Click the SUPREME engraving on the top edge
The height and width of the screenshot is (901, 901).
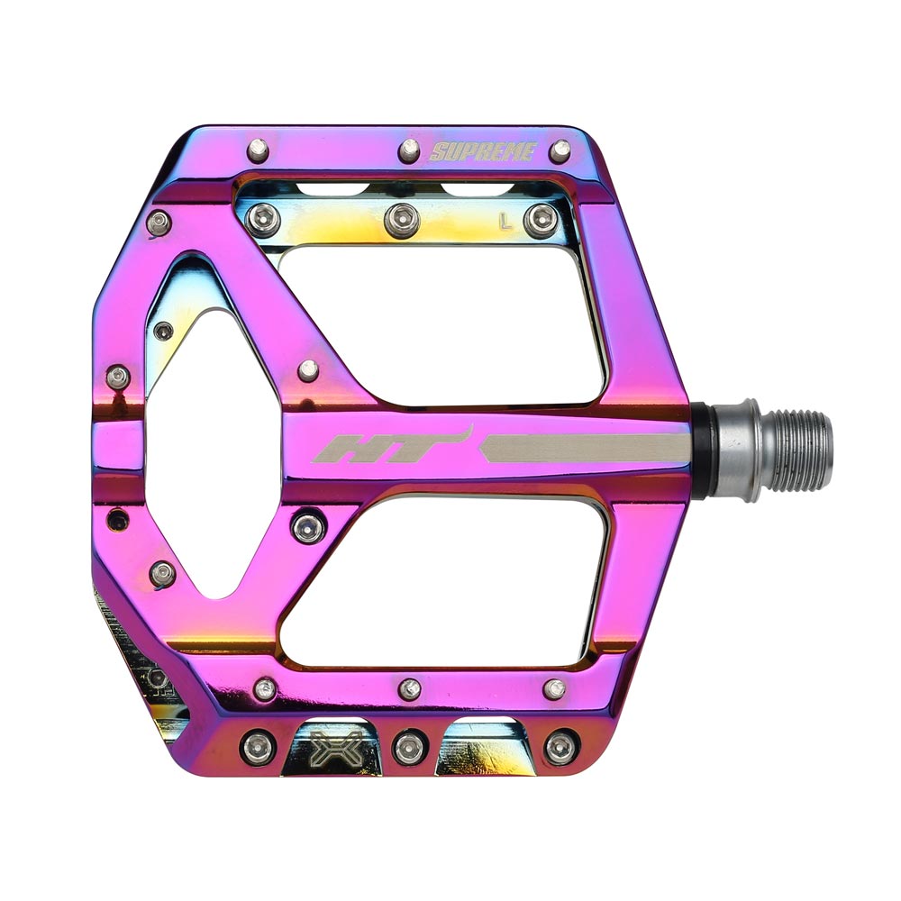click(482, 151)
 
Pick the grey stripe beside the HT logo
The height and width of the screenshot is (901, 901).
click(586, 448)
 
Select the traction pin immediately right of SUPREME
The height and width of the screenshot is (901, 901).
click(560, 150)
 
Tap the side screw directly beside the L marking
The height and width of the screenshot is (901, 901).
click(541, 219)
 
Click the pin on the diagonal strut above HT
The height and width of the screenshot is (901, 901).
click(308, 369)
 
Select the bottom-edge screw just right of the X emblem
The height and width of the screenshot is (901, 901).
click(408, 747)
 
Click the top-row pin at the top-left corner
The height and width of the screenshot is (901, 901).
click(259, 148)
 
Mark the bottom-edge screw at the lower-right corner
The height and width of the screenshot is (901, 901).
click(560, 746)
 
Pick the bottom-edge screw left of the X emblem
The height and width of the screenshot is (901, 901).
click(258, 747)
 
